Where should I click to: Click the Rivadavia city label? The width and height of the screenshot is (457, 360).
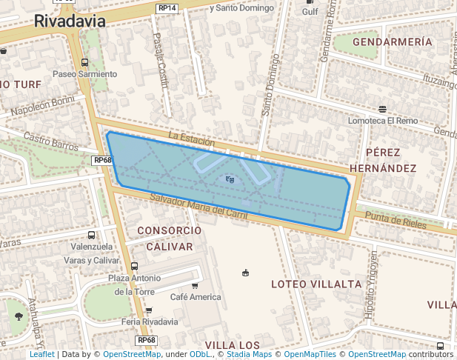69,21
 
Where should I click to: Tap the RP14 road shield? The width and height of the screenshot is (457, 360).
167,8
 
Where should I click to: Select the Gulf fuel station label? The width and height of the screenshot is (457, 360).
310,12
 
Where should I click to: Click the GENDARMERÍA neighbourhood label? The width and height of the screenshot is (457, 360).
393,42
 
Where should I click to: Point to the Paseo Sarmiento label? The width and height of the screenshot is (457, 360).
84,74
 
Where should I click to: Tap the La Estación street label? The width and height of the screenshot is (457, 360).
191,139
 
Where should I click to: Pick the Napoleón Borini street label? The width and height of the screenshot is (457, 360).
43,106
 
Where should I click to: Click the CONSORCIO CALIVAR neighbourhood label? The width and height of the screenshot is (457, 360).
169,238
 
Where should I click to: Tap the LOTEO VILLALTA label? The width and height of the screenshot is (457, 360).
316,284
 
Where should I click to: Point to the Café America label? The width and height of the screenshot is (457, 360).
196,297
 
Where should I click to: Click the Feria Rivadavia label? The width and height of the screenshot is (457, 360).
150,321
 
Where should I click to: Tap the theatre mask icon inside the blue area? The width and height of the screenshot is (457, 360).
230,179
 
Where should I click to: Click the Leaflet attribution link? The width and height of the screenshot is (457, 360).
41,355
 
